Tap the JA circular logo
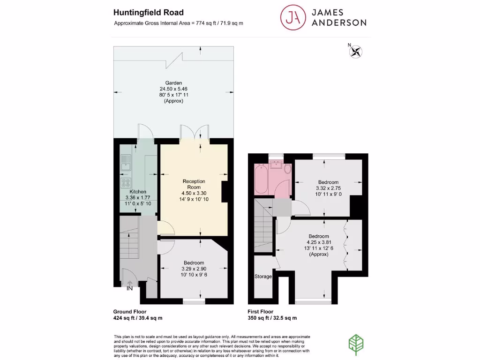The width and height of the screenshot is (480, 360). click(x=291, y=17)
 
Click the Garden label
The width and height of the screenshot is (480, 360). click(x=173, y=82)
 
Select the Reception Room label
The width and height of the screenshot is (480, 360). click(x=194, y=184)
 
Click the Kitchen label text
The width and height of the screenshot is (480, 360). click(x=138, y=192)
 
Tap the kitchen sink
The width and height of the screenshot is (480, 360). click(x=126, y=164)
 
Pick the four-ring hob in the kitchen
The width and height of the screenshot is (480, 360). click(x=126, y=182)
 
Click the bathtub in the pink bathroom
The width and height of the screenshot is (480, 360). click(x=261, y=180)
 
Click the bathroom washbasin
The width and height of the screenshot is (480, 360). click(x=276, y=165)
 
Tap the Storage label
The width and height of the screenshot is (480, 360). click(x=263, y=277)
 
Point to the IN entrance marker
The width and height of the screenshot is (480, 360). click(x=130, y=288)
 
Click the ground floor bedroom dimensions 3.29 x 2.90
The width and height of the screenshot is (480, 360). click(x=194, y=269)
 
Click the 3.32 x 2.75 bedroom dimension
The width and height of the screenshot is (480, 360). click(x=328, y=188)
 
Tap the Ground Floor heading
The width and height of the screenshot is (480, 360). click(x=130, y=311)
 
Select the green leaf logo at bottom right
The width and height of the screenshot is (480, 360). click(x=356, y=342)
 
